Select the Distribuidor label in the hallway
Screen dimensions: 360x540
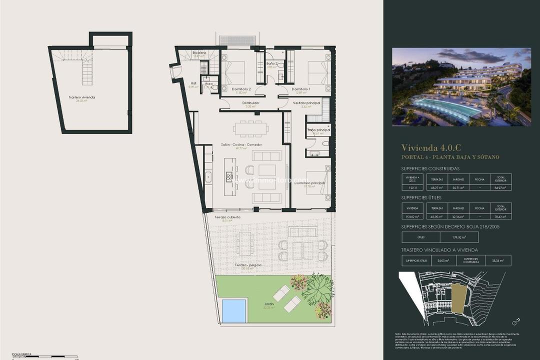click(251, 103)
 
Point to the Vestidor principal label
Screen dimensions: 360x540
click(306, 103)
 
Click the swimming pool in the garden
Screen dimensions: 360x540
click(234, 310)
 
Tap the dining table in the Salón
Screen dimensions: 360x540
click(250, 128)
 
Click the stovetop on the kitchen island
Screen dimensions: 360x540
click(229, 177)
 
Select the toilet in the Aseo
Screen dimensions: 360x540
click(214, 87)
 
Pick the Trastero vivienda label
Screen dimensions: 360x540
click(81, 97)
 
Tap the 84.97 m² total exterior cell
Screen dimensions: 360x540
click(500, 187)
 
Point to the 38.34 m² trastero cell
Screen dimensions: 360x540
click(497, 260)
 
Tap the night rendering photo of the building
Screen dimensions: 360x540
click(461, 86)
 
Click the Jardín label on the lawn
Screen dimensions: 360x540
click(269, 303)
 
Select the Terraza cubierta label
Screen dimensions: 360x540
click(227, 217)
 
